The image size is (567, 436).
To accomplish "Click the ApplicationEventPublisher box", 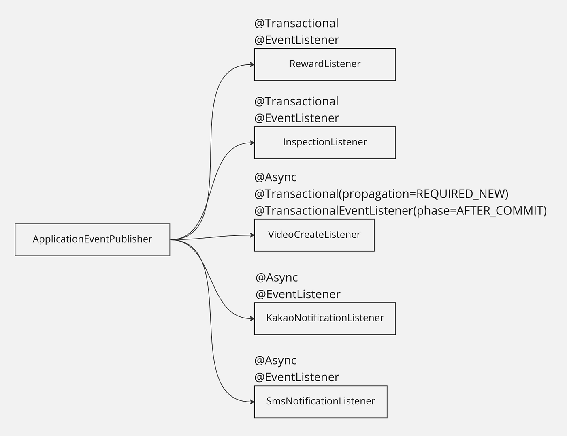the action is click(92, 239).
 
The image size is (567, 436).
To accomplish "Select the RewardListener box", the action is click(325, 64).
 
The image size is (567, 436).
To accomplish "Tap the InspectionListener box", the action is click(325, 143).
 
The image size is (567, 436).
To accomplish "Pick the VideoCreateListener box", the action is click(314, 235).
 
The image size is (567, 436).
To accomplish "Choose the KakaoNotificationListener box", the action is click(325, 319).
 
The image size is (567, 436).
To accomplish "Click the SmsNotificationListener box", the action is click(321, 402).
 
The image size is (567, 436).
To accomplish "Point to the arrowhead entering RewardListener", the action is click(252, 64).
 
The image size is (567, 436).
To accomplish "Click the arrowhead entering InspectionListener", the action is click(252, 143).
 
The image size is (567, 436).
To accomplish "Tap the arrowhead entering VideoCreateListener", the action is click(252, 235).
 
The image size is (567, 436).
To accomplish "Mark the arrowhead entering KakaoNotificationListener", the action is click(252, 319).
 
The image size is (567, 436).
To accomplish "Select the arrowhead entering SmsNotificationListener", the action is click(252, 402).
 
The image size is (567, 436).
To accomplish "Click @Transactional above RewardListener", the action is click(296, 23).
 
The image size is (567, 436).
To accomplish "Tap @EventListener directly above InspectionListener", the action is click(297, 118).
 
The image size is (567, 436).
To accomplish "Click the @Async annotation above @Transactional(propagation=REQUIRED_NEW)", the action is click(275, 177).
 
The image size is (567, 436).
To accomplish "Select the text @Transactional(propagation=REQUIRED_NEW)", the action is click(382, 194).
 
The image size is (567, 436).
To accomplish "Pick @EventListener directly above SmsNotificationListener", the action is click(297, 377).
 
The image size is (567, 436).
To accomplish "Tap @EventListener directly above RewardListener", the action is click(297, 40).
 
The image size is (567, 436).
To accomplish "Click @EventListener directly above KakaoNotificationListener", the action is click(298, 294).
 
